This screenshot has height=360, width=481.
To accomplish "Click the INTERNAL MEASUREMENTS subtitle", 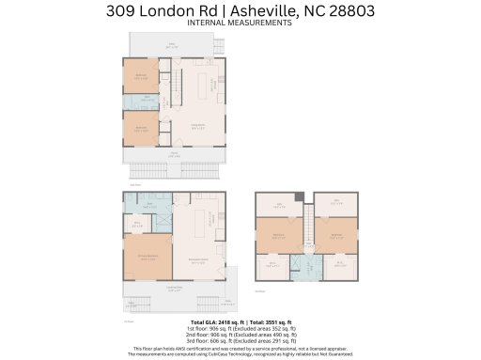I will pos(240,23).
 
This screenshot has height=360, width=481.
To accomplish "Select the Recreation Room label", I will pos(198,261).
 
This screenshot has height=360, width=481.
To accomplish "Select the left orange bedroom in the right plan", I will pos(279,237).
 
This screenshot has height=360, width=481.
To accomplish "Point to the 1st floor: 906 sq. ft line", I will pos(240,329).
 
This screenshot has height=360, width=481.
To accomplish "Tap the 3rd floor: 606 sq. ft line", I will pos(240,340).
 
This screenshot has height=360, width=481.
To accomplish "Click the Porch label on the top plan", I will pos(174,155).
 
